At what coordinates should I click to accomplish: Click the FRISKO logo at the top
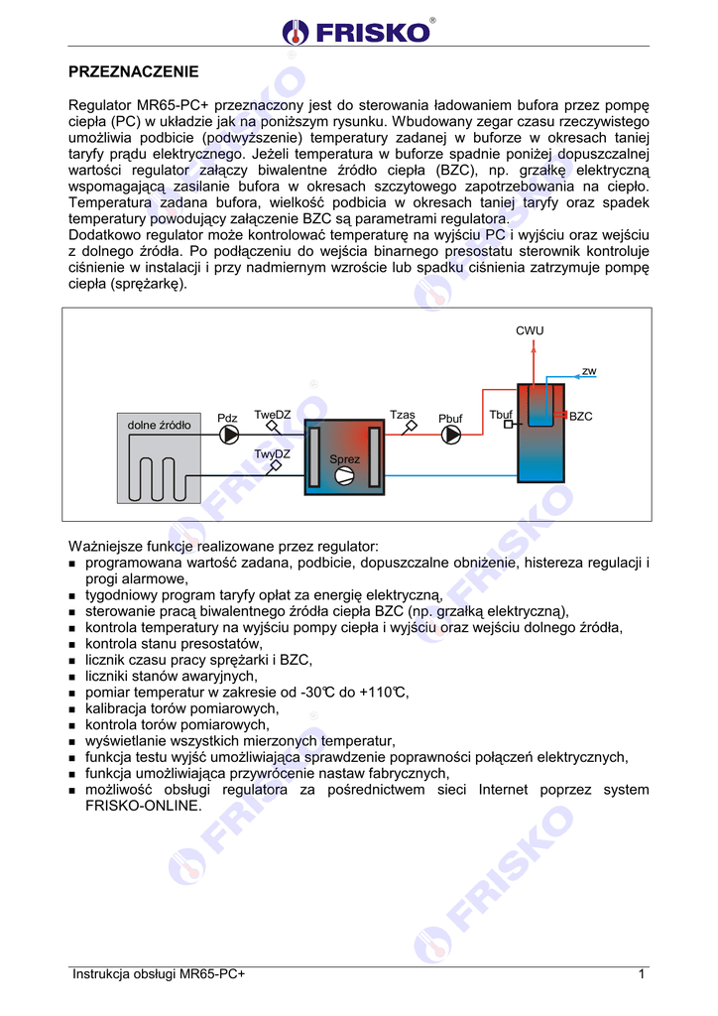click(x=358, y=31)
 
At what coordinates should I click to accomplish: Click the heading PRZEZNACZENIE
click(x=133, y=71)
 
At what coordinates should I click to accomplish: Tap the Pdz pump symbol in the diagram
click(x=229, y=436)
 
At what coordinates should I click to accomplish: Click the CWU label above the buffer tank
click(x=530, y=331)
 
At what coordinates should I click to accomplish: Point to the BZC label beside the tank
click(x=581, y=417)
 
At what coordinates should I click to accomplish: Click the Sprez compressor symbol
click(x=345, y=477)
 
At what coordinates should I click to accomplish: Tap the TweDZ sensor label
click(x=272, y=415)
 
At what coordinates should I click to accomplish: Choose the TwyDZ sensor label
click(x=272, y=454)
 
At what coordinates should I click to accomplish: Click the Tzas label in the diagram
click(x=402, y=415)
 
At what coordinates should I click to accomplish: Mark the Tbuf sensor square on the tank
click(x=508, y=426)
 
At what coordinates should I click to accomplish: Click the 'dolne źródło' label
click(x=159, y=425)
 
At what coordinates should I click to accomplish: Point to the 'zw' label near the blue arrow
click(x=589, y=371)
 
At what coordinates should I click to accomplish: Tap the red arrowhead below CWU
click(x=532, y=347)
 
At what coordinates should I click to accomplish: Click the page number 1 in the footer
click(x=643, y=974)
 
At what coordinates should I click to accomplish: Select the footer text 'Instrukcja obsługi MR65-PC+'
click(x=158, y=974)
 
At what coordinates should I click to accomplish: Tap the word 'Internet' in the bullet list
click(x=504, y=790)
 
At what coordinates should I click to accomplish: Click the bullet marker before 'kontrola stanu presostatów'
click(x=72, y=645)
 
